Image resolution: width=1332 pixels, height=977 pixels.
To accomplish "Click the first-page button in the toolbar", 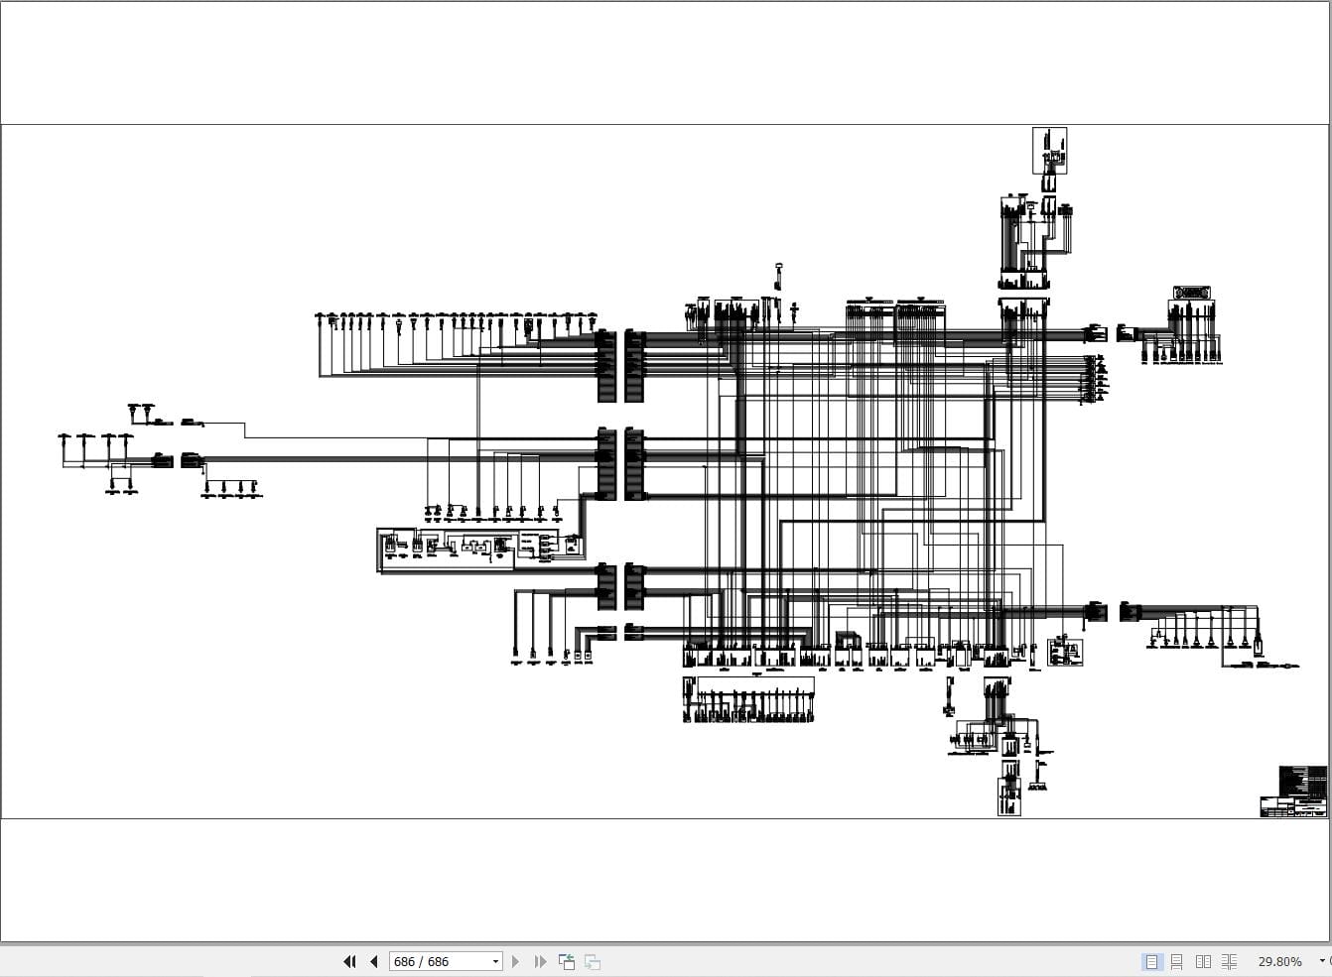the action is [x=349, y=961].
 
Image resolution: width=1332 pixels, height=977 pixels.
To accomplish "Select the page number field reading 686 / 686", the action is [x=437, y=961].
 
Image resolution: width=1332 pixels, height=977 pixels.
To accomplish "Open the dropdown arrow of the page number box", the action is [x=495, y=961].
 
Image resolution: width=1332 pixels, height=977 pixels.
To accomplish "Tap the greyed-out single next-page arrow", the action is [x=515, y=961].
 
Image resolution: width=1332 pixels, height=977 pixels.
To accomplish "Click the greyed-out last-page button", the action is [x=540, y=961].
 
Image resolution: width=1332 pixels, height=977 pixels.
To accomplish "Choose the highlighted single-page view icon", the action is [x=1151, y=961].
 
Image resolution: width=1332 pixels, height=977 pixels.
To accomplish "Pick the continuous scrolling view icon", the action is [x=1177, y=961].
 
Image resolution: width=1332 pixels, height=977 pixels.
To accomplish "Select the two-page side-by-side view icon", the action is [x=1203, y=961].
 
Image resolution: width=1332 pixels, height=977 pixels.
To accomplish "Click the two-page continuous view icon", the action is [x=1229, y=961].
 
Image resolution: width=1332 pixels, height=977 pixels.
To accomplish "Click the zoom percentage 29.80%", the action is [x=1279, y=961].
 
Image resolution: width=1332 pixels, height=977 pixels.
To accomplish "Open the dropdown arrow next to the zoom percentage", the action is [x=1321, y=961].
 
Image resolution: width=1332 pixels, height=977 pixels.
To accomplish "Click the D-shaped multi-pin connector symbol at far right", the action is [x=1191, y=293].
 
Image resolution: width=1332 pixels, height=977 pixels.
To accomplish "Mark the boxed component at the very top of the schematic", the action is [x=1049, y=150].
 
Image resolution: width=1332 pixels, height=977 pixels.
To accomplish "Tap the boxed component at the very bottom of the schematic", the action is [x=1008, y=796].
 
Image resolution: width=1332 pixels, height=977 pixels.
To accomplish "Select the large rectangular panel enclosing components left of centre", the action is [x=446, y=550].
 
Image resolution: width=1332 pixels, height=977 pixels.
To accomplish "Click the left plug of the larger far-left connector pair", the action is [x=163, y=460].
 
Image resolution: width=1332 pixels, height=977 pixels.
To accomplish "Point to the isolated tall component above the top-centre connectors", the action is [x=779, y=277].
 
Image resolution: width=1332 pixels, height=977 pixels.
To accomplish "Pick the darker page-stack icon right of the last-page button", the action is [x=567, y=961].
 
